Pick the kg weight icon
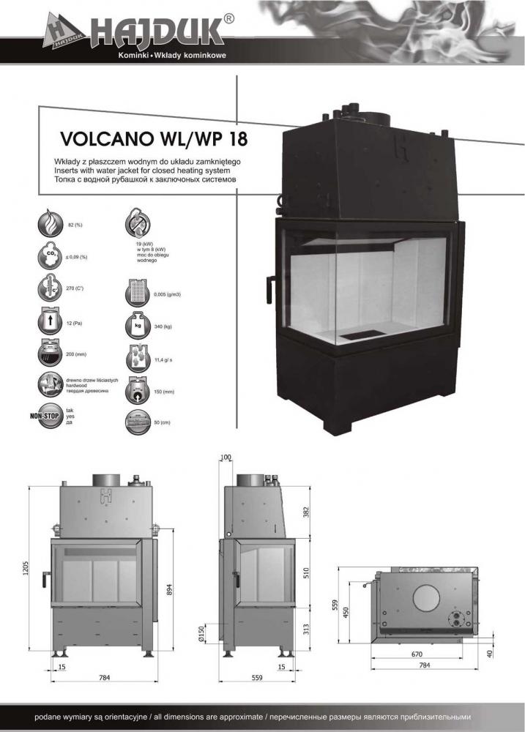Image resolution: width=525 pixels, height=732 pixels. coord(138,325)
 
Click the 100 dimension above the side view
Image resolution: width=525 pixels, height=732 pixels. coord(225,457)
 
